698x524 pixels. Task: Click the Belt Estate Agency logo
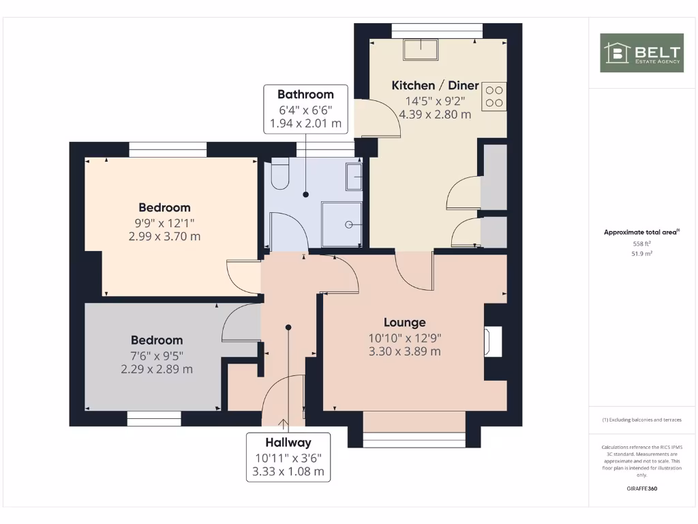[x=641, y=53]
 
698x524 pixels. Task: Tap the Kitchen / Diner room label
[x=435, y=85]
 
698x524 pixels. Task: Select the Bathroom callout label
[x=305, y=95]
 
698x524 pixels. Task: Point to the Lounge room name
[x=404, y=323]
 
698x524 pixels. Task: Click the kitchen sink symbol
[x=421, y=50]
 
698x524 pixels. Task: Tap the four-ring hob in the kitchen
[x=494, y=96]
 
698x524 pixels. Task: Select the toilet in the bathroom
[x=280, y=177]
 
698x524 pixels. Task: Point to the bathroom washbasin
[x=354, y=177]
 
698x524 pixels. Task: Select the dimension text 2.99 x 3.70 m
[x=164, y=236]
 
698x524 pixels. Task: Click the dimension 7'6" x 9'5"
[x=156, y=355]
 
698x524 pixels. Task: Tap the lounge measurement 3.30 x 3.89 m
[x=404, y=351]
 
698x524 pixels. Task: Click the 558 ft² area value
[x=641, y=243]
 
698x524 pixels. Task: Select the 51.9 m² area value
[x=641, y=253]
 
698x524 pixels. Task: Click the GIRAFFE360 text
[x=641, y=489]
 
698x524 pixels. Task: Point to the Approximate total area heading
[x=641, y=233]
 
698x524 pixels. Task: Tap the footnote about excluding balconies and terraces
[x=641, y=420]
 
